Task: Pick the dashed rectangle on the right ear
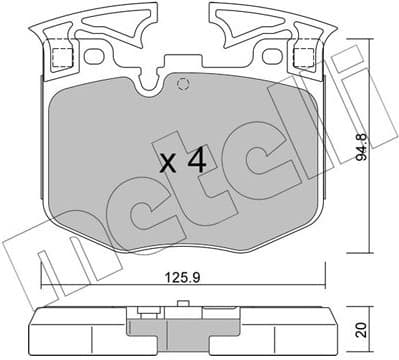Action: (304, 56)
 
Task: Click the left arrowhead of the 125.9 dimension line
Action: (44, 281)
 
